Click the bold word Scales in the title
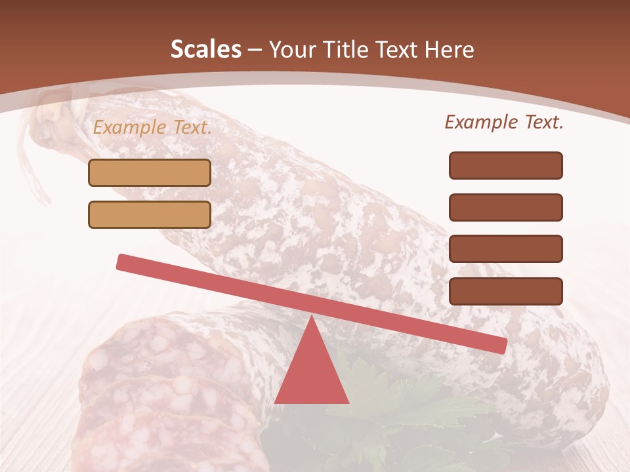[x=205, y=49]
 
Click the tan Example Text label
[x=152, y=127]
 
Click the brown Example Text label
[x=504, y=122]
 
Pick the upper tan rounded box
[x=150, y=173]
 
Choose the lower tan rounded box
[x=150, y=214]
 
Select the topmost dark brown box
[x=505, y=165]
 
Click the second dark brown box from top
[x=505, y=207]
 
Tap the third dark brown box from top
[x=505, y=249]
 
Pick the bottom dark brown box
[x=505, y=291]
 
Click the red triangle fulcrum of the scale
[x=311, y=370]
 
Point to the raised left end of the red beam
[x=123, y=262]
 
